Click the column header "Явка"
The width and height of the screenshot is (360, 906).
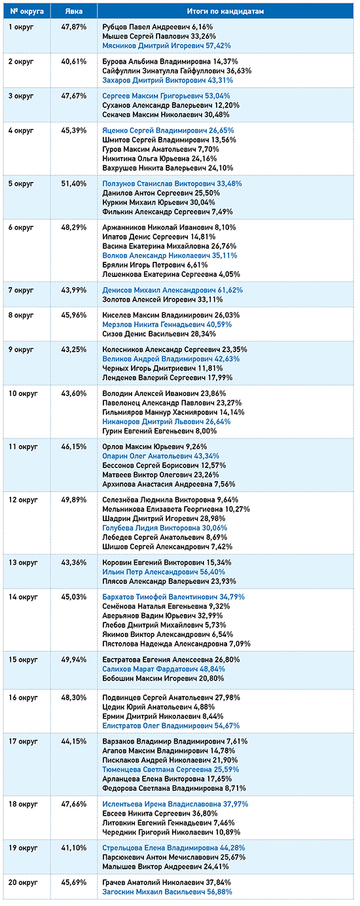pos(73,11)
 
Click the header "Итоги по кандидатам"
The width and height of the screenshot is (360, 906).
pos(225,11)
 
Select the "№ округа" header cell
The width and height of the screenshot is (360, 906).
pos(27,11)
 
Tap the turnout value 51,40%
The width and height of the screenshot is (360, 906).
pos(73,184)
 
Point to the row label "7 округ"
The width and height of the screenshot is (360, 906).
pos(21,290)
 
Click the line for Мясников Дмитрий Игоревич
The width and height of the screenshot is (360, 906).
pos(167,46)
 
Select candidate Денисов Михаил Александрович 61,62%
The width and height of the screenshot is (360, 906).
pos(172,290)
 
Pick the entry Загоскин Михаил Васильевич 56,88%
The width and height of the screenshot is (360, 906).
pos(167,892)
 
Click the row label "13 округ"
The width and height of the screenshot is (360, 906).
pos(23,562)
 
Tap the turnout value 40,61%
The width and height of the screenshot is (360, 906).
pos(73,62)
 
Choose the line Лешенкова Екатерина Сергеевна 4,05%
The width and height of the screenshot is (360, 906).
pos(171,274)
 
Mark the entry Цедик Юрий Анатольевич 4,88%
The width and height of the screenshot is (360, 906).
pos(162,707)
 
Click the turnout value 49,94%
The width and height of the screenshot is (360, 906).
pos(73,660)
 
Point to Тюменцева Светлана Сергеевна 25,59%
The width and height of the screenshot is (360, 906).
pos(171,769)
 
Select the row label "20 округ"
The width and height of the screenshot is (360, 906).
pos(23,882)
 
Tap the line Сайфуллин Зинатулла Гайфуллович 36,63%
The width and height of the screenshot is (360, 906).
pos(177,71)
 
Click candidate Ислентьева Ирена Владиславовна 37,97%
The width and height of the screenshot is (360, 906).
pos(175,804)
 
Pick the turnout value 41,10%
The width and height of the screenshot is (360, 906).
pos(73,848)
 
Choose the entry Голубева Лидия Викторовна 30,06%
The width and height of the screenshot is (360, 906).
pos(165,528)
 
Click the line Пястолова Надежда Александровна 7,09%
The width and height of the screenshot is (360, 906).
pos(176,644)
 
